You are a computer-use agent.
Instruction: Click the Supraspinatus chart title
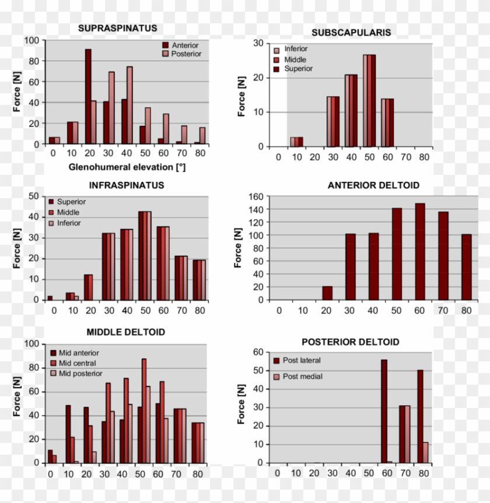coord(117,28)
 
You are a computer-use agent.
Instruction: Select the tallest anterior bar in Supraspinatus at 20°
coord(88,96)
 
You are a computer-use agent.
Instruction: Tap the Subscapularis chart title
coord(351,33)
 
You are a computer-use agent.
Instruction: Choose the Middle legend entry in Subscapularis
coord(295,59)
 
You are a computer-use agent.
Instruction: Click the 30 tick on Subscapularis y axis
coord(258,43)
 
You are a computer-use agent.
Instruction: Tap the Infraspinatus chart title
coord(126,185)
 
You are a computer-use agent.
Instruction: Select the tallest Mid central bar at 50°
coord(143,411)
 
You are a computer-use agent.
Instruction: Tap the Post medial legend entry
coord(302,377)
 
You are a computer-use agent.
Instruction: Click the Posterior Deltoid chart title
coord(350,342)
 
